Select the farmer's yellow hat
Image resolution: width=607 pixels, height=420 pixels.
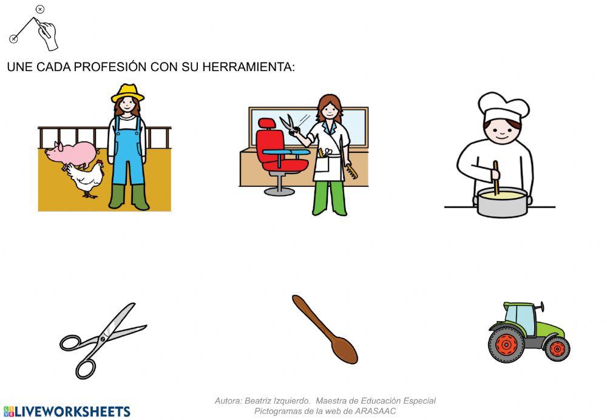point(127,93)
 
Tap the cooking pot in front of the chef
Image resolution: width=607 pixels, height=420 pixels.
point(502,202)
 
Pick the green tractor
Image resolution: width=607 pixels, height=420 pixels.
point(528,331)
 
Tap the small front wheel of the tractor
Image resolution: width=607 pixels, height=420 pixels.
point(556,349)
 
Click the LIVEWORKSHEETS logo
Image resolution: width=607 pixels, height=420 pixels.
point(66,412)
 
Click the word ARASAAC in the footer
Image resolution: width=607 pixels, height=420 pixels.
point(375,411)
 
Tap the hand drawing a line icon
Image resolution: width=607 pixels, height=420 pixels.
point(36,27)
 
